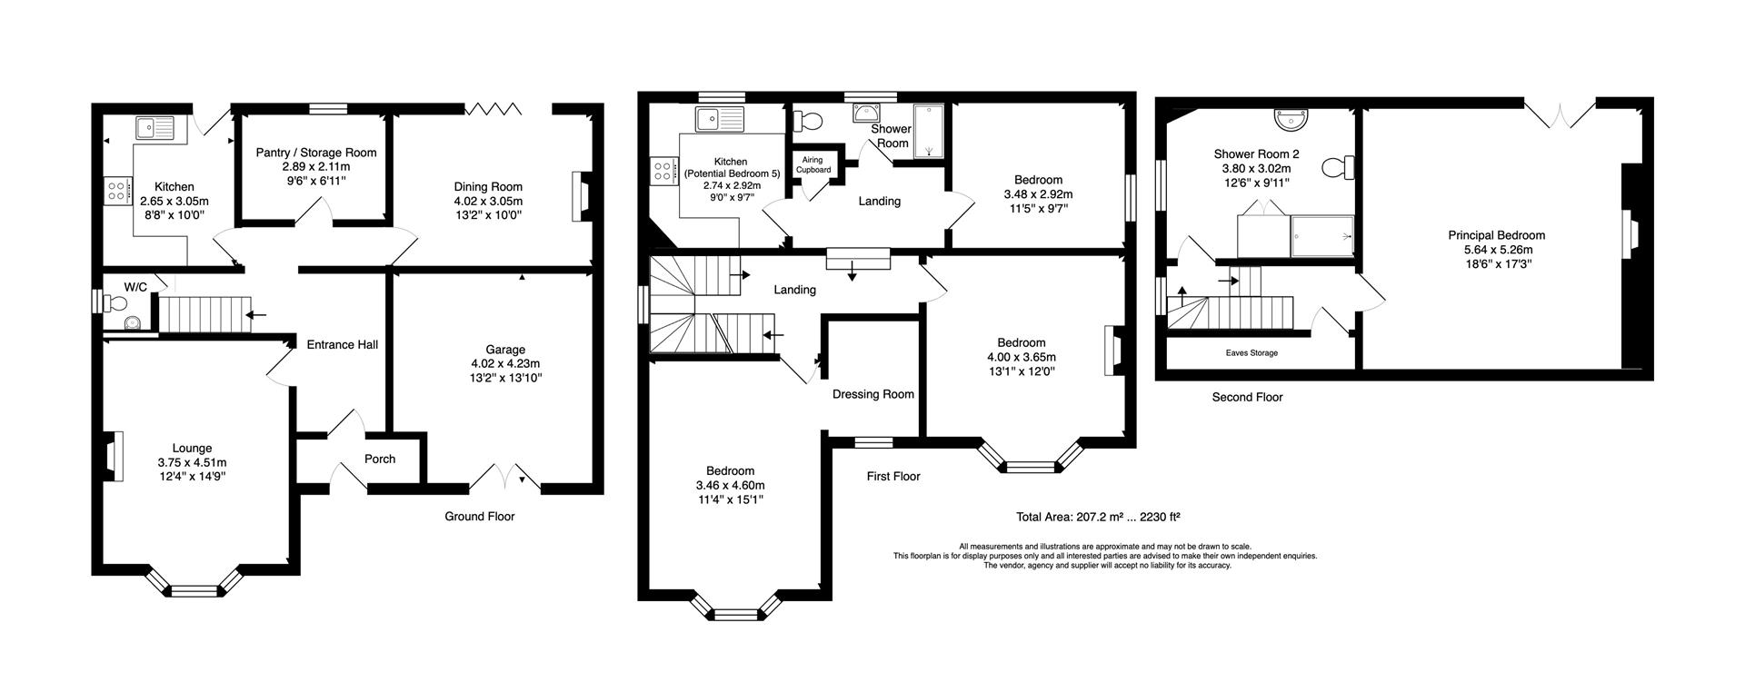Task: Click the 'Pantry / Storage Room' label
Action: click(315, 153)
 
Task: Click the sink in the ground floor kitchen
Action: click(155, 128)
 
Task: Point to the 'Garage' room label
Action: click(504, 350)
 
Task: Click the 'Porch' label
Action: click(380, 459)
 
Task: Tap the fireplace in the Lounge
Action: click(113, 456)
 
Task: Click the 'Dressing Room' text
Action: click(872, 394)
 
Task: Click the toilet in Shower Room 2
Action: click(1338, 168)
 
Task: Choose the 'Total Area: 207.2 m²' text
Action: click(1098, 517)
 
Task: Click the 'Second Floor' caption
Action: click(1247, 397)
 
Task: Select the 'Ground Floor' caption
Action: click(479, 516)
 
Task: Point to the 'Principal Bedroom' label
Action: click(1496, 235)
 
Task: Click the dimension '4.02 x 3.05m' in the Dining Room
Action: click(488, 202)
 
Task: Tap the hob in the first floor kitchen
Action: click(662, 171)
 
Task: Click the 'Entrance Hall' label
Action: click(342, 344)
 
